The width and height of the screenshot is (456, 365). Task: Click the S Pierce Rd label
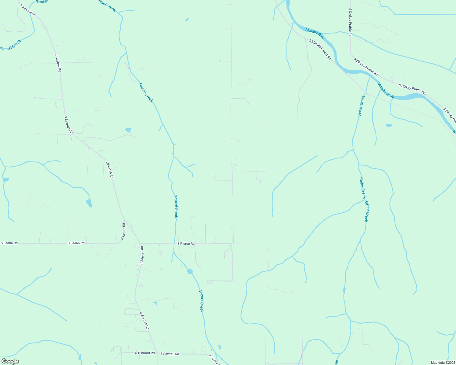click(186, 244)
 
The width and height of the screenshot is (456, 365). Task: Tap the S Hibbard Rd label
click(145, 353)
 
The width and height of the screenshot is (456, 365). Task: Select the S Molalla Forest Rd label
click(320, 49)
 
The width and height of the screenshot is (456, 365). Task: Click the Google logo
click(10, 361)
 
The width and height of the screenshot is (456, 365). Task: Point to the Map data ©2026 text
click(443, 363)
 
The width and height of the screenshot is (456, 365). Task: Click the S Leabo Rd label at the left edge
click(9, 243)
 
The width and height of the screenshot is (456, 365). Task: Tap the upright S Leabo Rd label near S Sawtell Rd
click(123, 231)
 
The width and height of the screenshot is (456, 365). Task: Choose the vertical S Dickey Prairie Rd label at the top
click(350, 23)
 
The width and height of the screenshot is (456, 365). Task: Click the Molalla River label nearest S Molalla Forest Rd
click(315, 34)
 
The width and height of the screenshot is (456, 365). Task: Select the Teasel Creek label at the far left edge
click(10, 45)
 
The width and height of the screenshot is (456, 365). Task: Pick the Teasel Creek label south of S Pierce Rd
click(201, 301)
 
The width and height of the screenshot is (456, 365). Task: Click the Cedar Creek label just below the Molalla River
click(361, 106)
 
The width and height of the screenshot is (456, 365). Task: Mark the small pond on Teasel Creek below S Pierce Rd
click(190, 271)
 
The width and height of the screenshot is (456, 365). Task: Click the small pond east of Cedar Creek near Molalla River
click(389, 125)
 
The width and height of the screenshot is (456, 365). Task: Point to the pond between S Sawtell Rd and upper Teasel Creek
click(128, 130)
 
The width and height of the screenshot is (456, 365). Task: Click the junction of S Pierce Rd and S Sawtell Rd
click(141, 243)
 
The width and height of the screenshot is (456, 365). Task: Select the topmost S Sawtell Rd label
click(28, 10)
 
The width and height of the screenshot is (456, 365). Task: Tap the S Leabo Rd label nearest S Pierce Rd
click(76, 243)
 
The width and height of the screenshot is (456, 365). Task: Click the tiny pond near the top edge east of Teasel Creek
click(187, 20)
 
